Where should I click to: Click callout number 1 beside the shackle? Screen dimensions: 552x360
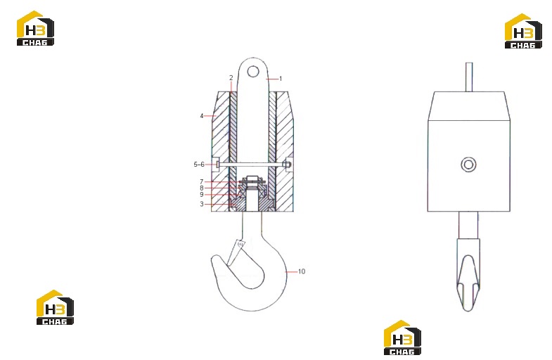(281, 79)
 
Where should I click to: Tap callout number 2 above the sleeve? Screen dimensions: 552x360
(231, 78)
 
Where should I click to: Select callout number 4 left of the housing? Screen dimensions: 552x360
(201, 116)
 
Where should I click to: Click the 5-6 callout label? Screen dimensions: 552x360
(199, 165)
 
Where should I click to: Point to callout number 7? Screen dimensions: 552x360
(201, 182)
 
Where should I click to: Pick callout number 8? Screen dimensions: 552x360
(201, 188)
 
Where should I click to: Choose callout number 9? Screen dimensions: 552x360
(201, 195)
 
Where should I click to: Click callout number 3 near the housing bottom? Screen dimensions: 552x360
(201, 204)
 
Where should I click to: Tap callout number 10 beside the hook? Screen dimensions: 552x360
(302, 271)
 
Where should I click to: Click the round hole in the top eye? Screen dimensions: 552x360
(253, 72)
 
